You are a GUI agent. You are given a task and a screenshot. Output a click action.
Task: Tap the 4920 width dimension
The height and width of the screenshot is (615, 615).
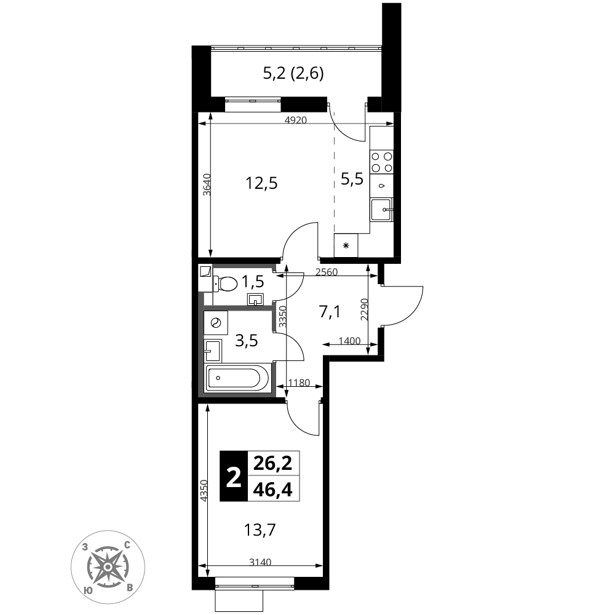295,120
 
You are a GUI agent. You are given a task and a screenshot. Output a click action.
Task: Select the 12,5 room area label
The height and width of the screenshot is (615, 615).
261,183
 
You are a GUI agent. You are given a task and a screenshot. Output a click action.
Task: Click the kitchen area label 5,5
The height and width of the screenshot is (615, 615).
352,179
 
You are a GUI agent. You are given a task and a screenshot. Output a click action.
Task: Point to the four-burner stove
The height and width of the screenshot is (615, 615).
382,162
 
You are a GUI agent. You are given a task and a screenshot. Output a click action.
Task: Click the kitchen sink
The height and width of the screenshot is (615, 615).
381,210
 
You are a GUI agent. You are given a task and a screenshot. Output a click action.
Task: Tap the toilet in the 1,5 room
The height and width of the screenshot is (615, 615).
225,283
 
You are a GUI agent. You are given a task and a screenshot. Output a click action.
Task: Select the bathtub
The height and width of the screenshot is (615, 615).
237,378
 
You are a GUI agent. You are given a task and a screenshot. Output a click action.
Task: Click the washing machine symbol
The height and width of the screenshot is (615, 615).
216,323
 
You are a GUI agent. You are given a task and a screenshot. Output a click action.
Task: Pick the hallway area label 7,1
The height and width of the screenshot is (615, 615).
330,312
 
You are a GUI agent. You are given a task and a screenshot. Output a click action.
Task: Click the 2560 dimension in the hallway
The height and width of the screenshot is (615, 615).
327,272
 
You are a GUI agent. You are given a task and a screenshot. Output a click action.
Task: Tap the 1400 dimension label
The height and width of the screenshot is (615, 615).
349,341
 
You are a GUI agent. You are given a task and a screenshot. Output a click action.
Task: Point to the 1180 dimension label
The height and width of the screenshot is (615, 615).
299,383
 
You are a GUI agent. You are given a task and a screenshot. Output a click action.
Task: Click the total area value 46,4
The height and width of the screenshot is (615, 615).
273,490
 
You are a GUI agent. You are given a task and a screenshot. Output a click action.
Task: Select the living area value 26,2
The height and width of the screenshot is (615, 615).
273,464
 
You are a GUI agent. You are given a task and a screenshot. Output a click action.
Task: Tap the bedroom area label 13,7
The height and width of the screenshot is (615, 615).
260,530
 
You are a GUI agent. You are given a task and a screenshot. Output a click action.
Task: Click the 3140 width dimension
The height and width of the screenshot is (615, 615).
260,563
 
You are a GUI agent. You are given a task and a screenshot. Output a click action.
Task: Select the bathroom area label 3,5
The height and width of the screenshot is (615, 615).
247,341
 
